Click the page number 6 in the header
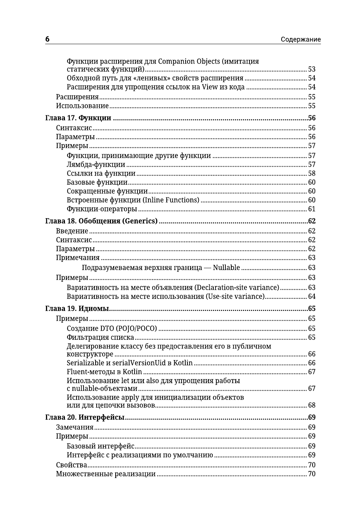[x=47, y=39]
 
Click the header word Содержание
[x=301, y=39]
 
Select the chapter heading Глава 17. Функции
[x=78, y=118]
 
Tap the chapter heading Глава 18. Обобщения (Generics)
[x=101, y=221]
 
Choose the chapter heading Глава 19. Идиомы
[x=77, y=309]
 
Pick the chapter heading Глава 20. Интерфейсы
[x=85, y=417]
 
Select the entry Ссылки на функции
[x=101, y=174]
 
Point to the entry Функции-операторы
[x=102, y=209]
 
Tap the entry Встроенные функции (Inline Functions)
[x=133, y=200]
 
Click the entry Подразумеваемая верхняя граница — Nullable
[x=160, y=268]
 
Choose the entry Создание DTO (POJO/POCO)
[x=112, y=328]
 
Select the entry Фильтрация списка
[x=100, y=338]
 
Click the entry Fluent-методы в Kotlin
[x=104, y=372]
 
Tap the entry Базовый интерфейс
[x=101, y=446]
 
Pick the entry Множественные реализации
[x=106, y=474]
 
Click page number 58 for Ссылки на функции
[x=311, y=174]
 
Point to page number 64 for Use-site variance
[x=311, y=297]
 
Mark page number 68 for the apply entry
[x=311, y=405]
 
